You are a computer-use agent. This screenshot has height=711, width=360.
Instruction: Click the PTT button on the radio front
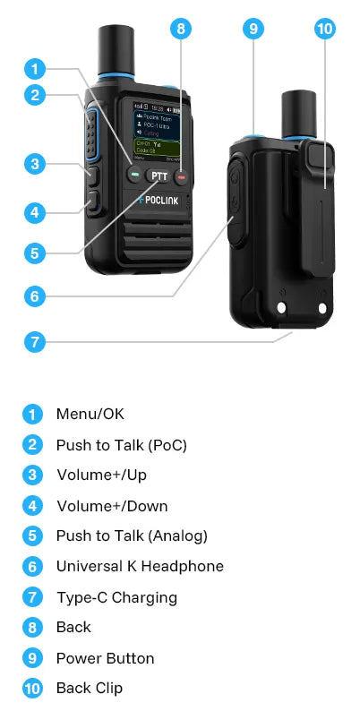159,175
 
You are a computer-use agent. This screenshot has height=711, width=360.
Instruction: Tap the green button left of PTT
135,176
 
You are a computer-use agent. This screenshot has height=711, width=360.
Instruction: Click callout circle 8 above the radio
181,28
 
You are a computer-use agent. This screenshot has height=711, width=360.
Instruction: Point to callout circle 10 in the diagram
324,28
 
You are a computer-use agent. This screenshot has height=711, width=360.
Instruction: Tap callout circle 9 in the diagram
253,28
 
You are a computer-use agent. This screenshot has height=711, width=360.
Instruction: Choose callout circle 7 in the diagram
33,341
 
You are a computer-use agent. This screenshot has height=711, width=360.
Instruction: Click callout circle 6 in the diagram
33,295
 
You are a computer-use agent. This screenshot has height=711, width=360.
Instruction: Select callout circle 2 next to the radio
33,95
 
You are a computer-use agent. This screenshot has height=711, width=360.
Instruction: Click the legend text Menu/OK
90,414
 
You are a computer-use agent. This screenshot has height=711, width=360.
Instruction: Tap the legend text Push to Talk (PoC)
121,445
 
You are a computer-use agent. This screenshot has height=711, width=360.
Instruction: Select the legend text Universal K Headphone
140,566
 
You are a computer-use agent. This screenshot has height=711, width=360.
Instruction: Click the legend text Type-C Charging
116,597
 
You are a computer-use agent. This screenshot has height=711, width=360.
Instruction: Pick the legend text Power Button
105,658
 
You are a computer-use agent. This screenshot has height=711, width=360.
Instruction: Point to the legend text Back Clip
89,689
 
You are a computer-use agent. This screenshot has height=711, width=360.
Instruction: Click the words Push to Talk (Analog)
132,535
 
